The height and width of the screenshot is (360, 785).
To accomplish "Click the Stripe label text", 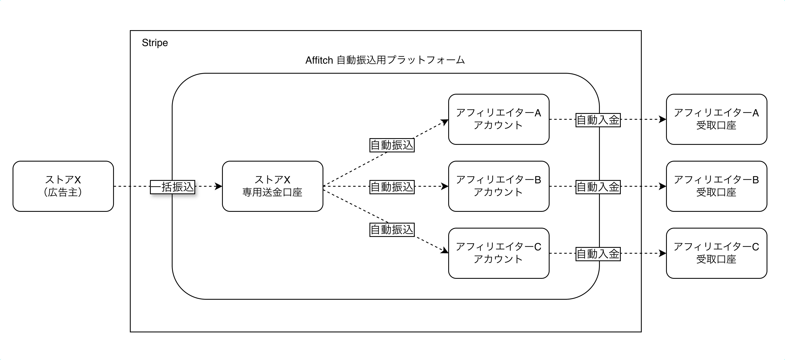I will pos(155,43).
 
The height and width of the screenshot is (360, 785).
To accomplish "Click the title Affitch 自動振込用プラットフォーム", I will pos(385,60).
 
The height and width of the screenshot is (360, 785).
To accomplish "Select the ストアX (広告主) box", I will pos(63,186).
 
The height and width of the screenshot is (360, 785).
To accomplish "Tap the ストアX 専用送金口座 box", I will pos(272,186).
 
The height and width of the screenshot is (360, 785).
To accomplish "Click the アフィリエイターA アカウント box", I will pos(498,119).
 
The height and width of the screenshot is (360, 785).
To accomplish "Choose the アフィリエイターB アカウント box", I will pos(498,186).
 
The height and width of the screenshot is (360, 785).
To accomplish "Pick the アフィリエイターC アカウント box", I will pos(498,253).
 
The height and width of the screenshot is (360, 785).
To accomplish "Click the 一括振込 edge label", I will pos(173,187).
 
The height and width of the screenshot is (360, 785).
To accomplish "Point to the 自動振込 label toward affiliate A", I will pos(392,145).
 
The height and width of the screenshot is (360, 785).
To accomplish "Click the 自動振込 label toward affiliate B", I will pos(392,187).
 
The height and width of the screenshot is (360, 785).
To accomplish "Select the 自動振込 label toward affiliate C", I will pos(392,229).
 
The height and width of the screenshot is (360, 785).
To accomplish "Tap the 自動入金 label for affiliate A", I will pos(598,120).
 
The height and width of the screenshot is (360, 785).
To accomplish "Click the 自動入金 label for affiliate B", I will pos(598,187).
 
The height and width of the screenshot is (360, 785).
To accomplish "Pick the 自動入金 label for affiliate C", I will pos(598,254).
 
